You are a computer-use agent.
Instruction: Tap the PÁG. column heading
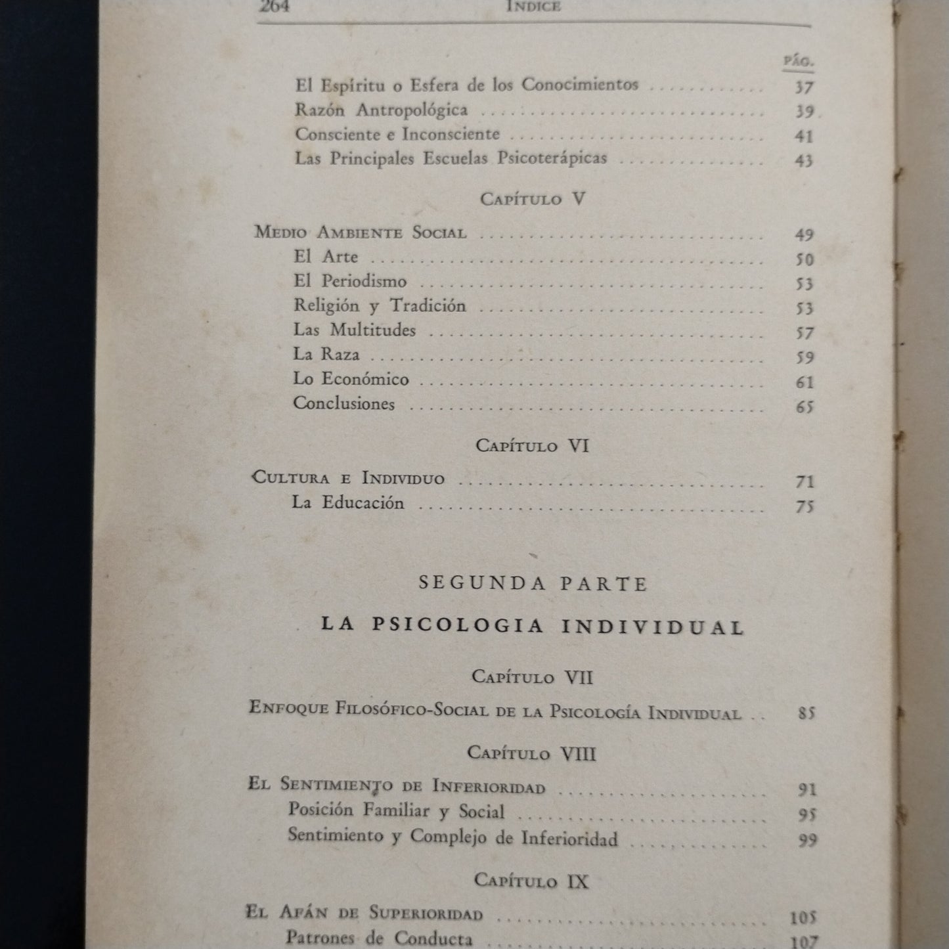tap(799, 62)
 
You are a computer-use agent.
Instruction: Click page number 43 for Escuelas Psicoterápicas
tap(804, 160)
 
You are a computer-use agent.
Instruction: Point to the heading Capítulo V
tap(532, 199)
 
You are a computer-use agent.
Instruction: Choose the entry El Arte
tap(326, 256)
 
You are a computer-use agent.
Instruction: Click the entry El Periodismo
tap(350, 281)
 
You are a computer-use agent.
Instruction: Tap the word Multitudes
tap(372, 330)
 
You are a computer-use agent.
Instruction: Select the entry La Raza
tap(326, 355)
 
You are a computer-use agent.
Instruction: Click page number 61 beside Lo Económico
tap(805, 382)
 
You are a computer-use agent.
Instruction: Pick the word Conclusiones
tap(343, 403)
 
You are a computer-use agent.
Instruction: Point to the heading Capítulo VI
tap(532, 446)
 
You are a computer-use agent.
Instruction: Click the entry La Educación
tap(348, 503)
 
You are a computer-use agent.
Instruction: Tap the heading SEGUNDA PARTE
tap(533, 584)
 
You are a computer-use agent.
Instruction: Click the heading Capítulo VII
tap(532, 676)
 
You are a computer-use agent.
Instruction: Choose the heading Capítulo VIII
tap(532, 753)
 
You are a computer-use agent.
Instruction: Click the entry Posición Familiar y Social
tap(396, 811)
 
